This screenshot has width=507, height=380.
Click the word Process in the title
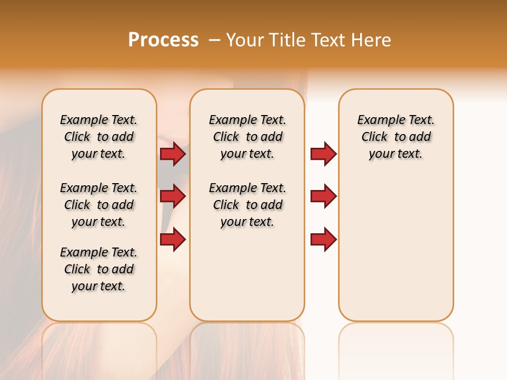pyautogui.click(x=163, y=40)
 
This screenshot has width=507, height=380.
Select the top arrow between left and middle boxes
pyautogui.click(x=173, y=154)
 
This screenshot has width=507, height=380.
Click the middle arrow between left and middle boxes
pyautogui.click(x=173, y=196)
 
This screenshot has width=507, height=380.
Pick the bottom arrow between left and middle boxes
pyautogui.click(x=173, y=239)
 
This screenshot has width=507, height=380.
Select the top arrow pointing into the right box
pyautogui.click(x=323, y=154)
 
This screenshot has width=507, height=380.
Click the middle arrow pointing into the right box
pyautogui.click(x=323, y=196)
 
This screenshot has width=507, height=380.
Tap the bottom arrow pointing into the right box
pyautogui.click(x=323, y=239)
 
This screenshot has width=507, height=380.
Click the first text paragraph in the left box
pyautogui.click(x=99, y=137)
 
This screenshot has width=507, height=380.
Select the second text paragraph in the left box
pyautogui.click(x=99, y=205)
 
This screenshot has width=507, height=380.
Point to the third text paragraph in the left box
pyautogui.click(x=99, y=269)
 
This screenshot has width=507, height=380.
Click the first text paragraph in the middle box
pyautogui.click(x=247, y=137)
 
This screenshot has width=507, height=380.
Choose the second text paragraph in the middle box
pyautogui.click(x=247, y=205)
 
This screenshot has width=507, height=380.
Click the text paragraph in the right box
pyautogui.click(x=396, y=137)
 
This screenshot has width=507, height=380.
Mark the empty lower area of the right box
pyautogui.click(x=396, y=253)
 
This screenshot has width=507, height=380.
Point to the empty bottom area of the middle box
pyautogui.click(x=247, y=280)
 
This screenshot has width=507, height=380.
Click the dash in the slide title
pyautogui.click(x=214, y=40)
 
